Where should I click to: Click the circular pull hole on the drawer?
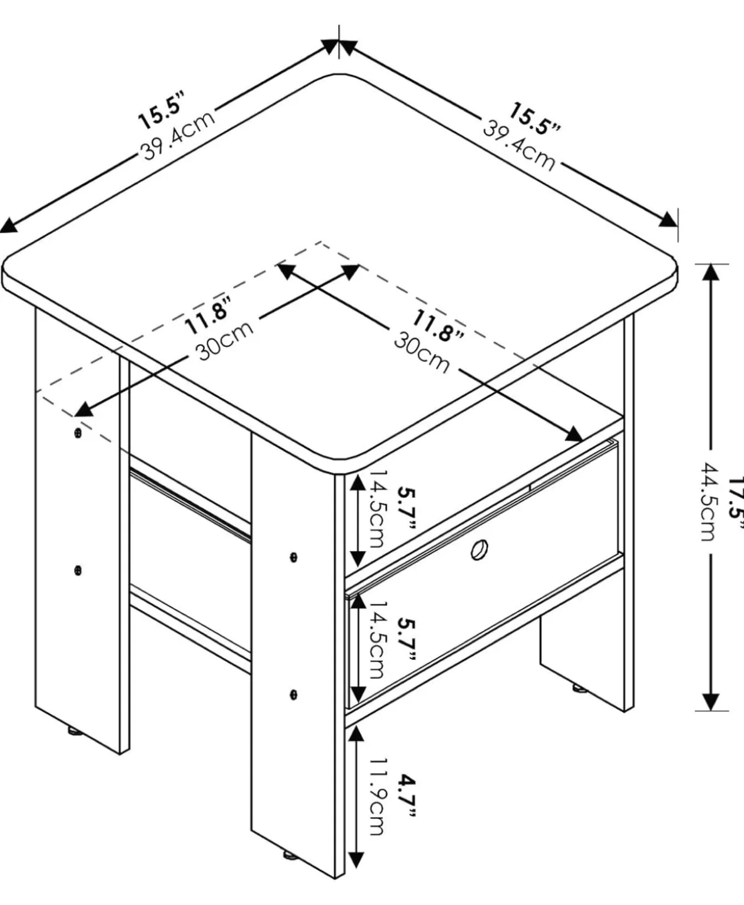coord(480,551)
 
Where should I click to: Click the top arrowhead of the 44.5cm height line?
coord(711,274)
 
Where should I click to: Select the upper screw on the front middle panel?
coord(293,557)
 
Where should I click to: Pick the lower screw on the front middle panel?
coord(293,694)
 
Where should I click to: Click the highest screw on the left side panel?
coord(77,434)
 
